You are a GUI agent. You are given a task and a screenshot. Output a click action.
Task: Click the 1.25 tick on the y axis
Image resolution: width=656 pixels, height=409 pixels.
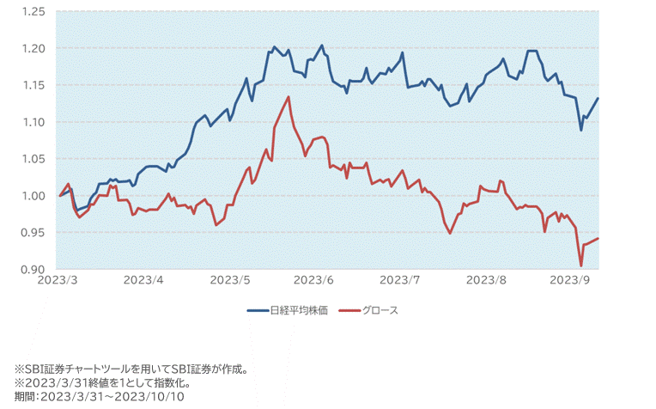point(33,12)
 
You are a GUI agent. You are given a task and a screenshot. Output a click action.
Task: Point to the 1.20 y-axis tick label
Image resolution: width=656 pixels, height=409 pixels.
point(33,49)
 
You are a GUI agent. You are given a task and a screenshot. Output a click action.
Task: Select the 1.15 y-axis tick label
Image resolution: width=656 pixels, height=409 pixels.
point(33,86)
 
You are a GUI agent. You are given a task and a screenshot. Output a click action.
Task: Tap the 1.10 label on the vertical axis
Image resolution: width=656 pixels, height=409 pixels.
point(33,123)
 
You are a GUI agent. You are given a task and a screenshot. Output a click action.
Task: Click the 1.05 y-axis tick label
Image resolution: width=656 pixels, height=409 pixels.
point(33,160)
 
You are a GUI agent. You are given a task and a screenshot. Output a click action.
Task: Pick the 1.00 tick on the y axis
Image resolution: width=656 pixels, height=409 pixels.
point(33,197)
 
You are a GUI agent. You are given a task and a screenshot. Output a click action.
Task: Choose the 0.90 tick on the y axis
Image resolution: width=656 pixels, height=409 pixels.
point(33,270)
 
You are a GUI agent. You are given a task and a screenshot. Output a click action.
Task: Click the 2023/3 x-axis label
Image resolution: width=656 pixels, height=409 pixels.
point(58,280)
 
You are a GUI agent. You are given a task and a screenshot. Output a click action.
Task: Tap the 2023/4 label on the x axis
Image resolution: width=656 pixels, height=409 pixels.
point(144,280)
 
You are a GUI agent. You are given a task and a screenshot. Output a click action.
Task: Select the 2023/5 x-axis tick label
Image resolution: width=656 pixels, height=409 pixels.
point(229,280)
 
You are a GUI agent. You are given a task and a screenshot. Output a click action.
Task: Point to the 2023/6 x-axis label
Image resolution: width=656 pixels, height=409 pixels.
point(314,280)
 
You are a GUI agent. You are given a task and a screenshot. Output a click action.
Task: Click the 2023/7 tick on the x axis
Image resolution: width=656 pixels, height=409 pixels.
point(400,280)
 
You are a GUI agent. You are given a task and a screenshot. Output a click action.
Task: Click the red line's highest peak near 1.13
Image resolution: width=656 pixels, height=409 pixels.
point(289,97)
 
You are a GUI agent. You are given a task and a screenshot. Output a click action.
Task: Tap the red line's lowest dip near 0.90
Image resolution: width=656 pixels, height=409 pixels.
point(581,266)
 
